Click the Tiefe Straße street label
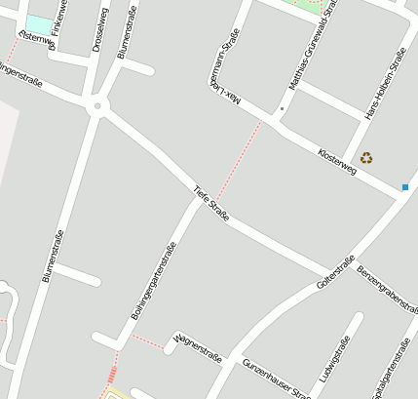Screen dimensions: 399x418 coord(211,203)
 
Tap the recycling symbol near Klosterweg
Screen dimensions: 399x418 coord(366,157)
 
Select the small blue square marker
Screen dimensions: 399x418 coord(405,186)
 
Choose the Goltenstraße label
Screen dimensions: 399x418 coord(335,272)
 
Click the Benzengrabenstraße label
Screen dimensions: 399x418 coord(387,289)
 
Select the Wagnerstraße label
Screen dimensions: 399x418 coord(198,347)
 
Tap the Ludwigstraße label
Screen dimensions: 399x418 coord(332,360)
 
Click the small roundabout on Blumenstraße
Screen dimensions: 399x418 coord(96,106)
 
